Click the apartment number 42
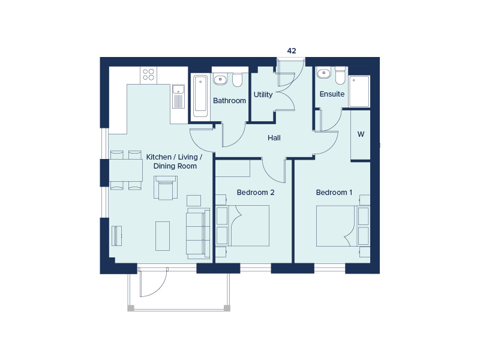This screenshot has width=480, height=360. pyautogui.click(x=292, y=51)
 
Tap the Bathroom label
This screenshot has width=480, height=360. pyautogui.click(x=229, y=101)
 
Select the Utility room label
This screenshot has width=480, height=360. pyautogui.click(x=263, y=95)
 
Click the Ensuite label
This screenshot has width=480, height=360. pyautogui.click(x=332, y=95)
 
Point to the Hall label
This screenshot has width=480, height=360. pyautogui.click(x=274, y=138)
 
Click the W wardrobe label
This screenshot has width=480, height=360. pyautogui.click(x=361, y=134)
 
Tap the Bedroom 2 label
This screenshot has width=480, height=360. pyautogui.click(x=256, y=193)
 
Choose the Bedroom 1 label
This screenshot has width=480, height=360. pyautogui.click(x=334, y=193)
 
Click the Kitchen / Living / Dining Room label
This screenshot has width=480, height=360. pyautogui.click(x=175, y=161)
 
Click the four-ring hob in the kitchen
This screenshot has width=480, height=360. pyautogui.click(x=148, y=74)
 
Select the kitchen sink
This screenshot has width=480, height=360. pyautogui.click(x=178, y=96)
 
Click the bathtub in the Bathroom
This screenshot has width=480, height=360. pyautogui.click(x=200, y=96)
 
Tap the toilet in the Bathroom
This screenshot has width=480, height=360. pyautogui.click(x=237, y=80)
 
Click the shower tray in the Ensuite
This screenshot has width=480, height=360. pyautogui.click(x=359, y=92)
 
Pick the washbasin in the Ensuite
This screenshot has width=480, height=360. pyautogui.click(x=324, y=74)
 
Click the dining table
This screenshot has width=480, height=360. pyautogui.click(x=125, y=170)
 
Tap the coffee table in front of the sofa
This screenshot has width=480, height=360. pyautogui.click(x=163, y=236)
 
